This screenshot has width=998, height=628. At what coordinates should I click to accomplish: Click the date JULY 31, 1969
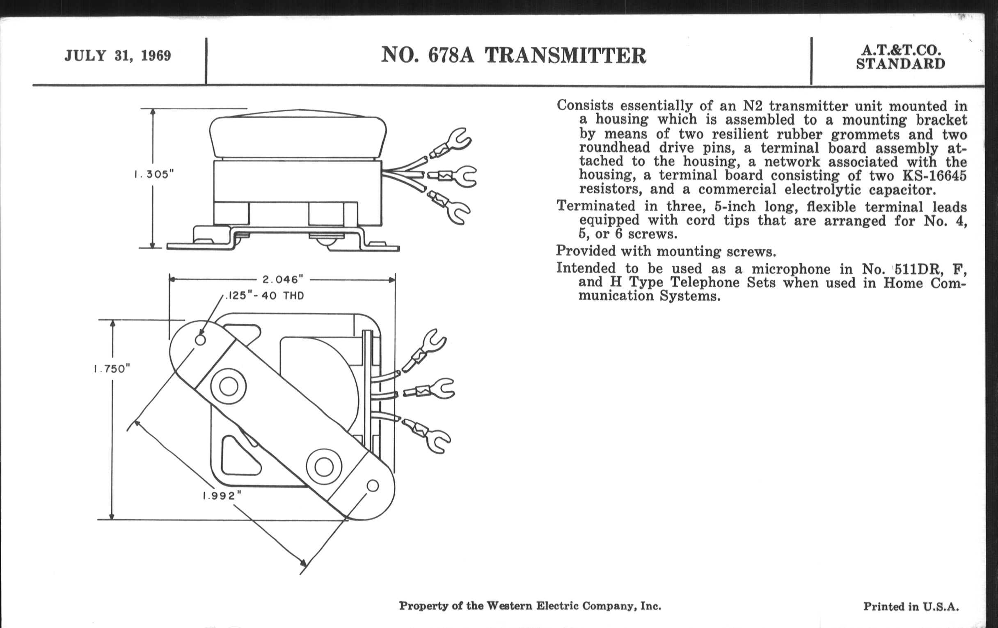click(118, 55)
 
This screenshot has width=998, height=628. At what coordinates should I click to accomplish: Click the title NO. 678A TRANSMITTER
click(513, 55)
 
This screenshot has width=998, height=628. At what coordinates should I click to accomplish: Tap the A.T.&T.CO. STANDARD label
click(900, 57)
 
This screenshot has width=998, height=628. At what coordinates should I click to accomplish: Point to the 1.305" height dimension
click(154, 174)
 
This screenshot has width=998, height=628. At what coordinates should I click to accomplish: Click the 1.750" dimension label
click(112, 369)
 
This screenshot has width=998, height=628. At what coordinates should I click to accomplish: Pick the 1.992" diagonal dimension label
click(222, 495)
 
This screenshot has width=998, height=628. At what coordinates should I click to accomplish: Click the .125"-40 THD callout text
click(265, 296)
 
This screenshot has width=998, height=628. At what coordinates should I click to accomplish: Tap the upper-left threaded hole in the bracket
click(200, 340)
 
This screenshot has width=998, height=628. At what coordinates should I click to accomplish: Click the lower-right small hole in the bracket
click(373, 486)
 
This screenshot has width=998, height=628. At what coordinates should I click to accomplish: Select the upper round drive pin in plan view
click(228, 387)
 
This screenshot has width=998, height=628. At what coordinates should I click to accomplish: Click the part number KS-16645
click(934, 176)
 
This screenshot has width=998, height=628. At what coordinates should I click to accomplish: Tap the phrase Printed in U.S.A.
click(911, 606)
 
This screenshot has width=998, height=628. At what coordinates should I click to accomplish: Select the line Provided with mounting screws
click(666, 251)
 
